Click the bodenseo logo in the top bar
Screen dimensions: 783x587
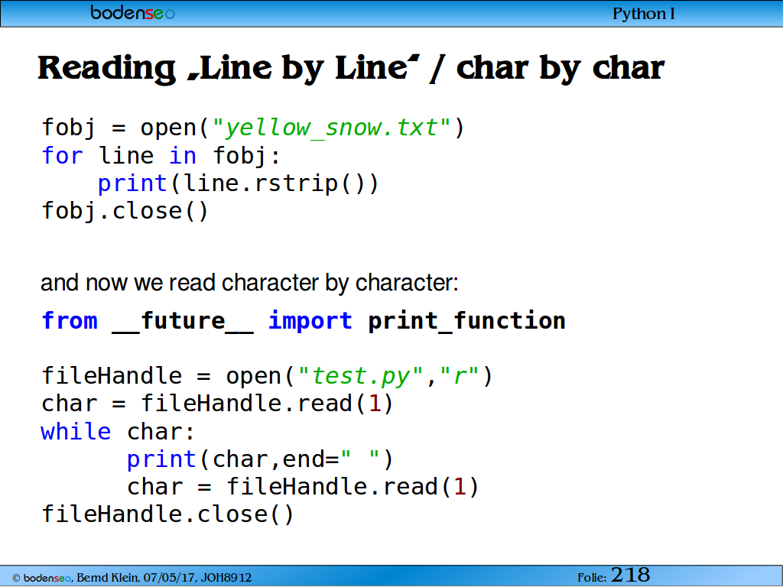(x=133, y=12)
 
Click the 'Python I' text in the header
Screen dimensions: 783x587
(x=644, y=14)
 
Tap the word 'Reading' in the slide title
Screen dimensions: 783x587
(x=106, y=68)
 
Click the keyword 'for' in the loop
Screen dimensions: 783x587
(x=63, y=155)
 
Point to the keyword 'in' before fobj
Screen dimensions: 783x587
(x=183, y=155)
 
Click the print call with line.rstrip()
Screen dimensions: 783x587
(x=239, y=183)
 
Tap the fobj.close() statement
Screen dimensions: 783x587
(x=125, y=211)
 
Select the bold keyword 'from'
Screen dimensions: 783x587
(x=70, y=320)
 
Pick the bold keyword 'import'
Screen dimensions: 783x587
(x=310, y=321)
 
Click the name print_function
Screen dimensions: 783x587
(x=467, y=321)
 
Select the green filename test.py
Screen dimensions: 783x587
(x=361, y=376)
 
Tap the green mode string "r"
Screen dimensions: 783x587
(x=460, y=375)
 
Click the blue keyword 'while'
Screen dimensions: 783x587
(x=76, y=432)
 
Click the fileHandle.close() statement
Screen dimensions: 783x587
(x=167, y=514)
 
